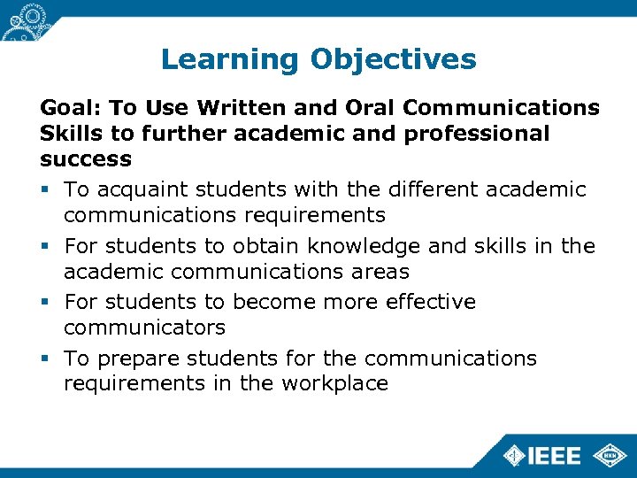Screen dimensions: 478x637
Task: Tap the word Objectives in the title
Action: (393, 60)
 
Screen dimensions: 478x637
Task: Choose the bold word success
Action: (86, 159)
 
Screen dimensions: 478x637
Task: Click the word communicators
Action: (144, 328)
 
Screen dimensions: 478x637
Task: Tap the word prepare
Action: (134, 358)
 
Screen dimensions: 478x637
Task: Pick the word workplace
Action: (334, 383)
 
